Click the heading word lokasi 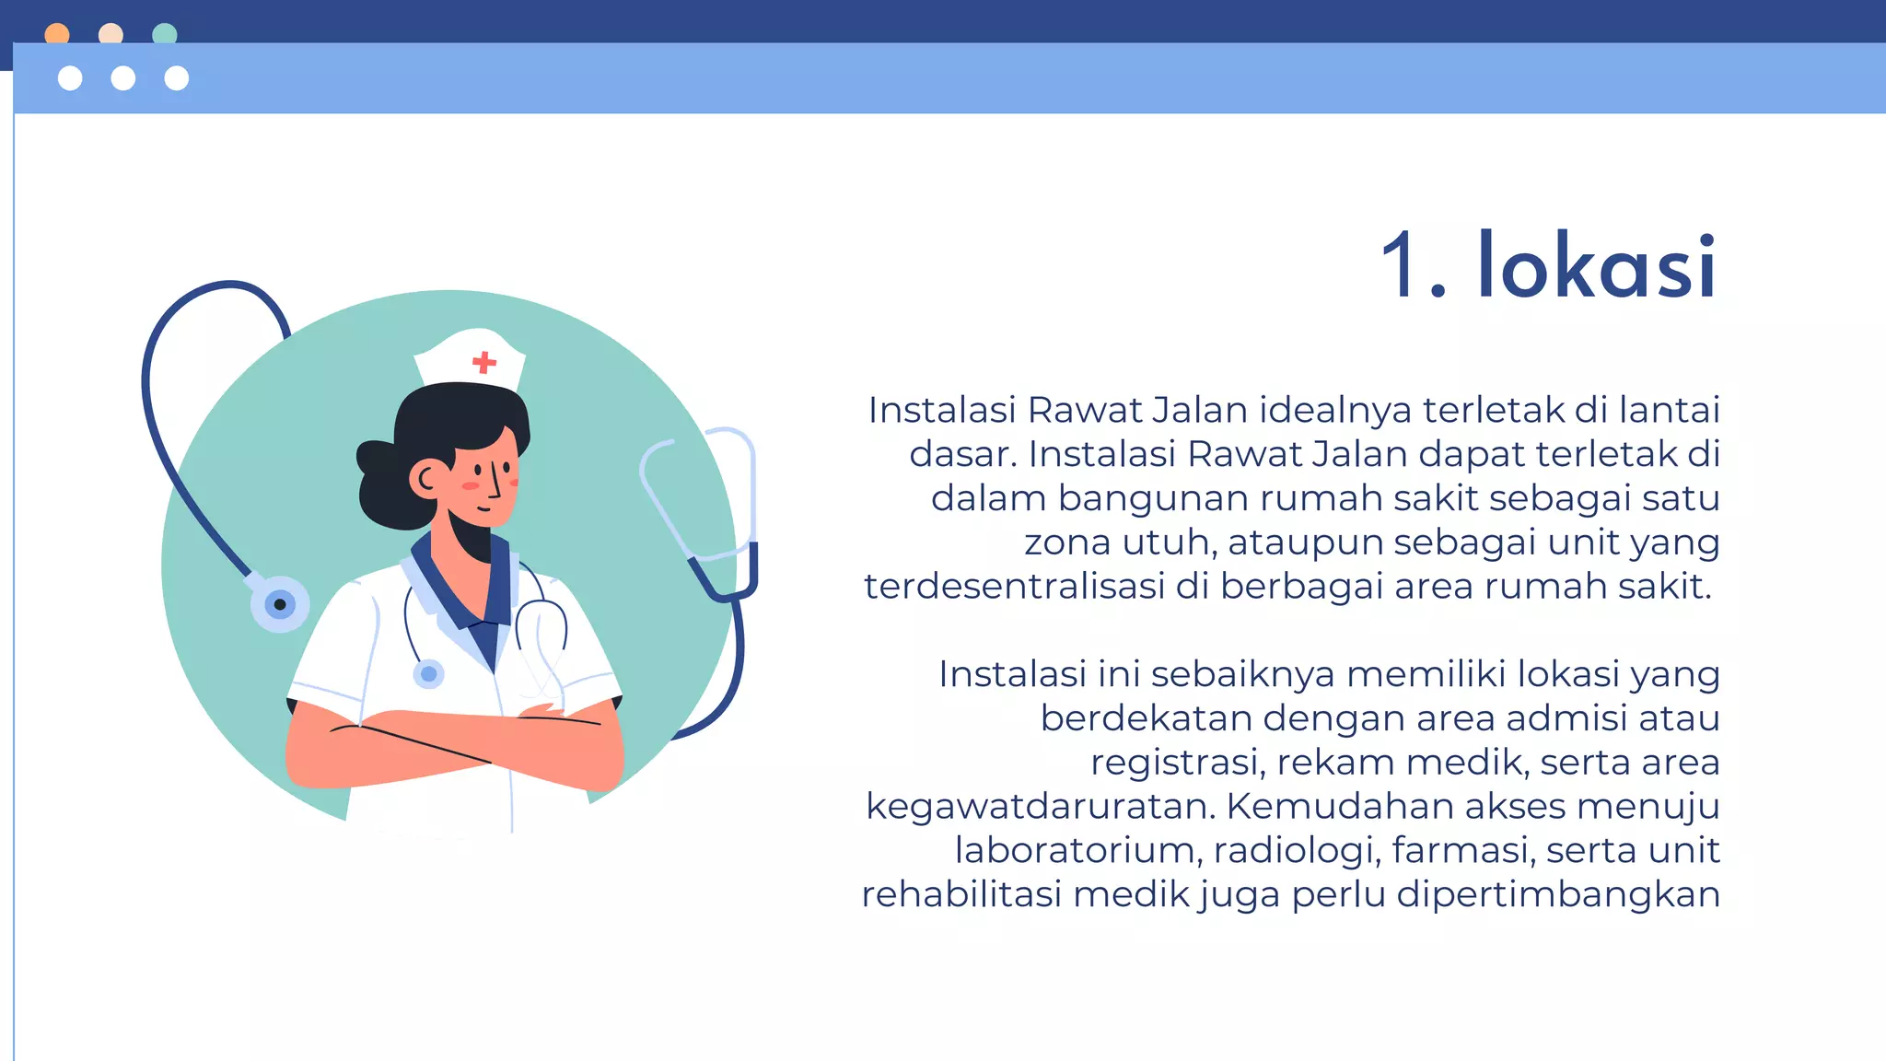click(x=1598, y=266)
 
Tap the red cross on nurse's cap click(x=484, y=362)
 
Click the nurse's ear click(x=426, y=479)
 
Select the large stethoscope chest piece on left click(x=280, y=604)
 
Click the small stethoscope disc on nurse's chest click(x=428, y=674)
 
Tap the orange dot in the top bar click(x=57, y=34)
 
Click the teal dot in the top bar click(x=164, y=34)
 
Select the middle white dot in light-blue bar click(x=123, y=78)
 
